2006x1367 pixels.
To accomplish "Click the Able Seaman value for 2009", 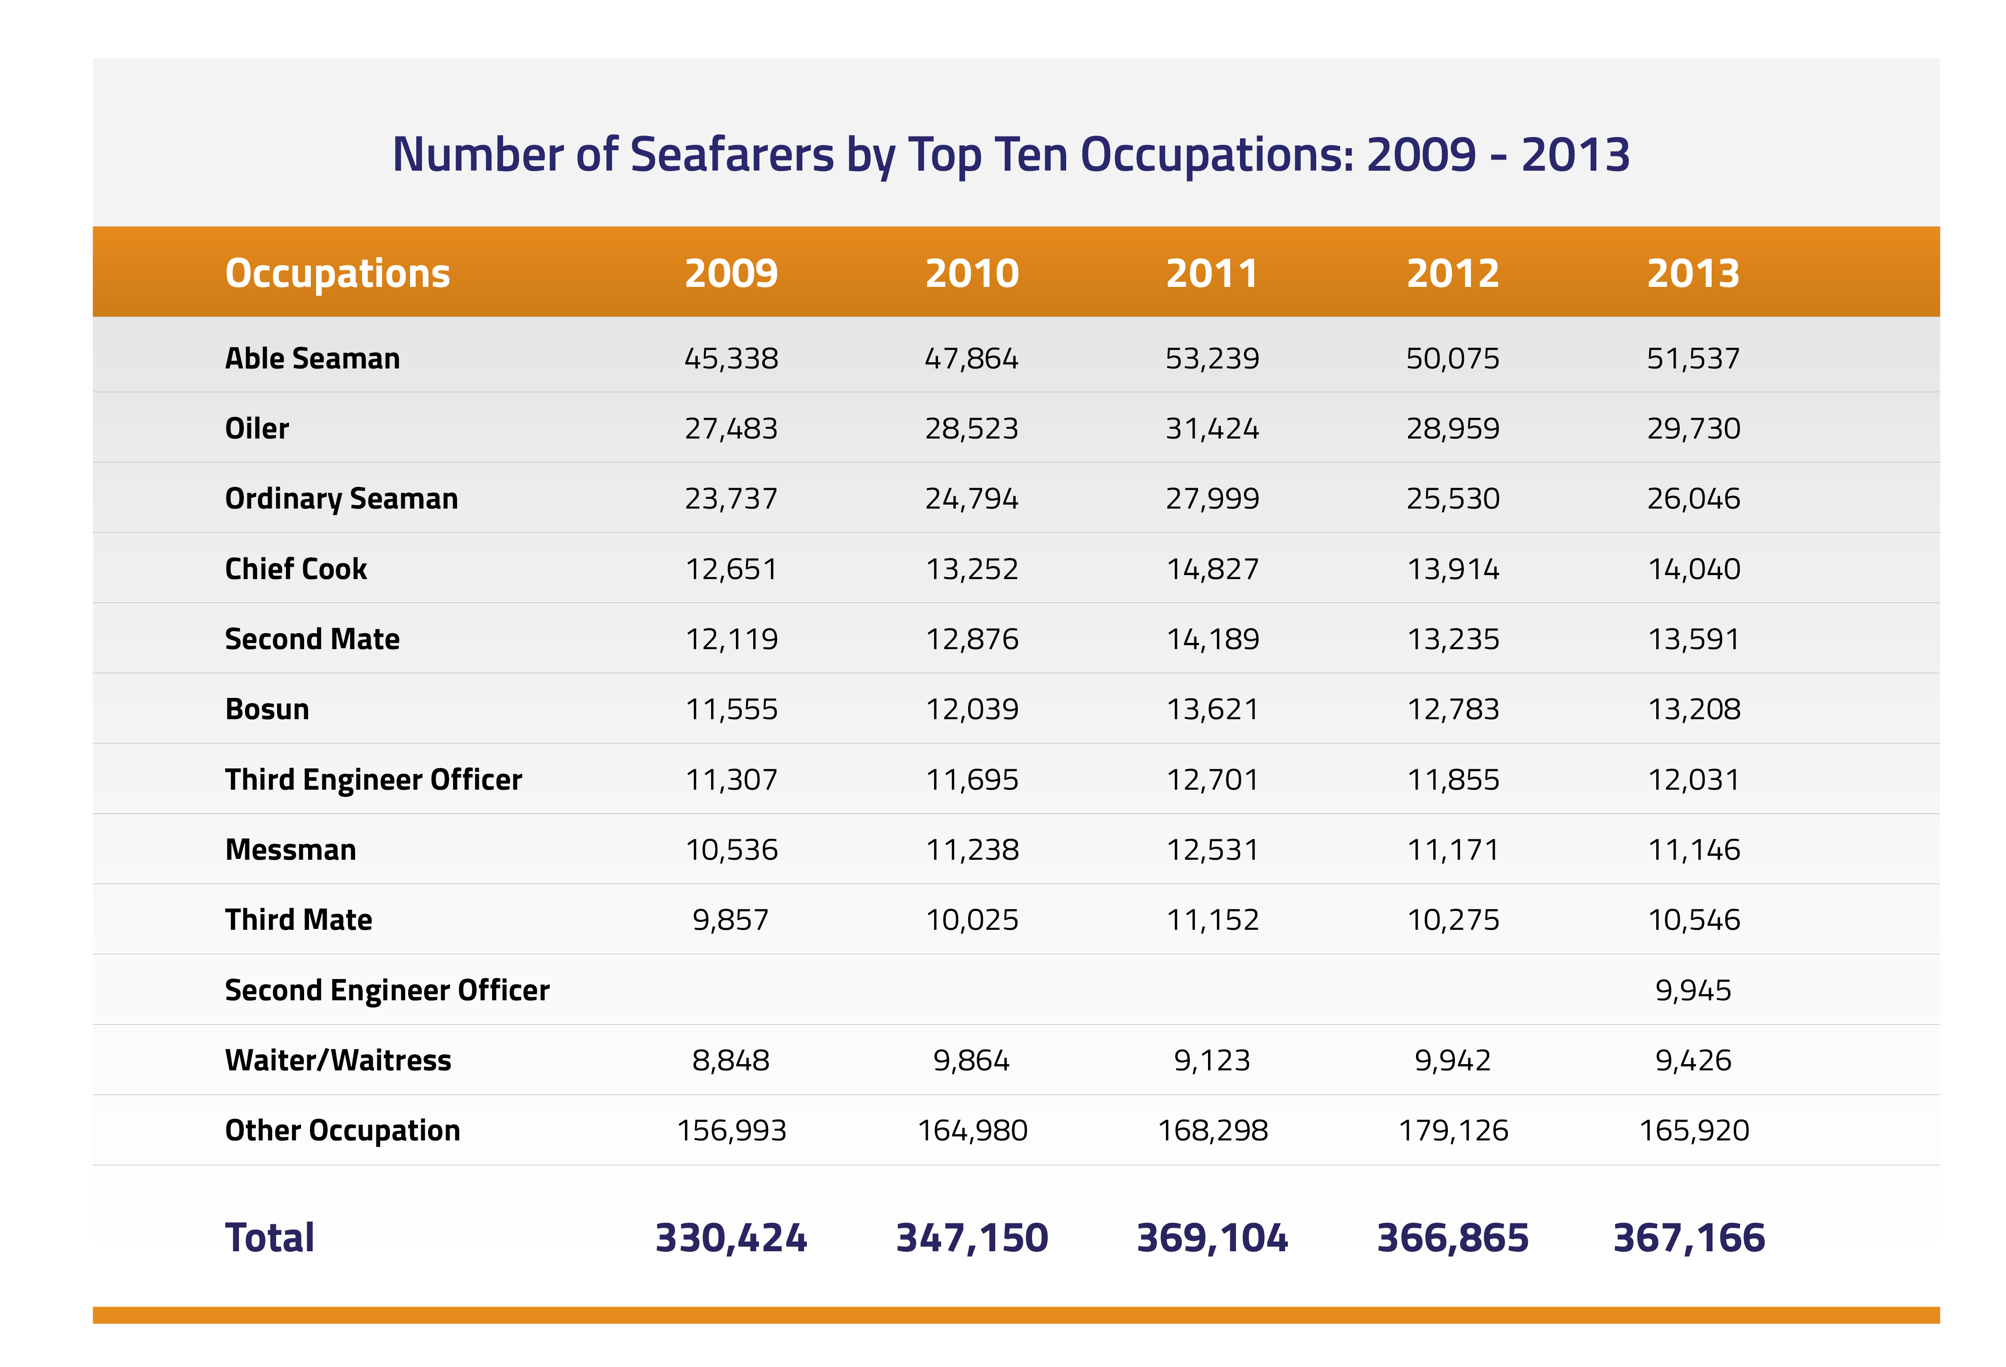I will [x=731, y=358].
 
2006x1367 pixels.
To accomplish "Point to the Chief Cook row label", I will [x=296, y=569].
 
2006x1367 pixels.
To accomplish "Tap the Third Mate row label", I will [x=299, y=920].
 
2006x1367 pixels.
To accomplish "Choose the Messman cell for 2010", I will [x=972, y=850].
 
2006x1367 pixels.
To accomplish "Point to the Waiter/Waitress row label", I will [x=337, y=1061].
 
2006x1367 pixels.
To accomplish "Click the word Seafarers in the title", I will [x=732, y=156].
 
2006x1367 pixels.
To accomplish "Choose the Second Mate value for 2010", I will [x=972, y=639].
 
